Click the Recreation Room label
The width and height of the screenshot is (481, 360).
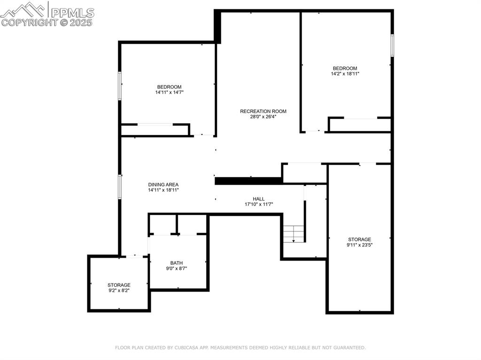coord(263,111)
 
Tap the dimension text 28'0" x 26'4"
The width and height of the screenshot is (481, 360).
coord(263,117)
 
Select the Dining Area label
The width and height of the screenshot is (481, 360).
coord(163,184)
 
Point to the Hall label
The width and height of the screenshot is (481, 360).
coord(258,199)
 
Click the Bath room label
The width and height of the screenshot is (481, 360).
coord(177,263)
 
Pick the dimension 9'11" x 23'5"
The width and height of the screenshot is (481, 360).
coord(359,245)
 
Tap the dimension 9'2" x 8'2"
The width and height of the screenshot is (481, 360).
coord(119,291)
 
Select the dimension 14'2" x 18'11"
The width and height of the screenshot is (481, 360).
coord(345,74)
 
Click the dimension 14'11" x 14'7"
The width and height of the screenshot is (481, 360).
coord(169,92)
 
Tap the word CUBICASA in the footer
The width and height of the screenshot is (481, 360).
coord(184,348)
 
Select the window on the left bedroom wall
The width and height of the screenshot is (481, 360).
coord(120,85)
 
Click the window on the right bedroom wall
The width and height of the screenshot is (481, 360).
coord(392,46)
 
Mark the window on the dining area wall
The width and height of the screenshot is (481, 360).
coord(120,186)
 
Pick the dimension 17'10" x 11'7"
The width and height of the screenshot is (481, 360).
coord(258,204)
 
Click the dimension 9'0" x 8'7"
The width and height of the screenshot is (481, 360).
coord(177,268)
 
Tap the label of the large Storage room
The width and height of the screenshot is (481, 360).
coord(359,239)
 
